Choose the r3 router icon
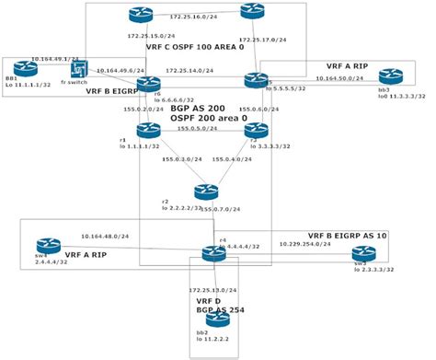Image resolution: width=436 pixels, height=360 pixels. coord(255,131)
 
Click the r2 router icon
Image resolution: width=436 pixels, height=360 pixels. coord(203,192)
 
